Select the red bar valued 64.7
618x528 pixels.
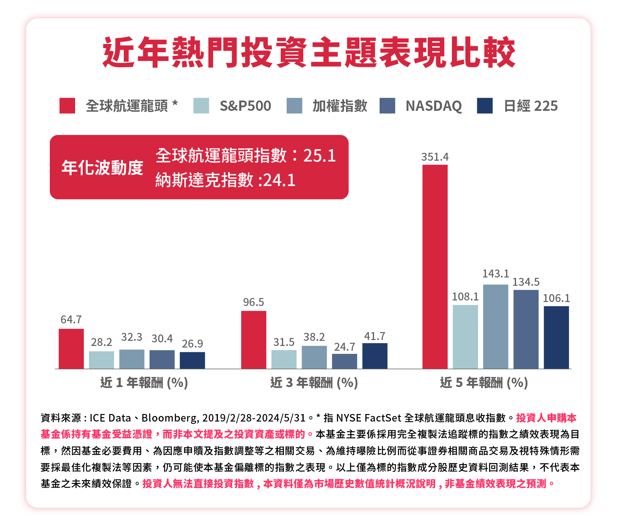click(71, 349)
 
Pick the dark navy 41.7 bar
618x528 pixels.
click(374, 356)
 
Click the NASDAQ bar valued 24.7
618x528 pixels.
click(344, 361)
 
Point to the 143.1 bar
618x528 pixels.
click(495, 327)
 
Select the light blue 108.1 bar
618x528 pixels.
click(465, 337)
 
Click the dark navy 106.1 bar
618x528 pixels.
click(556, 337)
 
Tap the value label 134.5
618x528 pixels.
click(526, 282)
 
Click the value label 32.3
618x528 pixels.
click(132, 337)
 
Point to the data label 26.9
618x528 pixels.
click(193, 344)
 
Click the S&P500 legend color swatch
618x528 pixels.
click(201, 106)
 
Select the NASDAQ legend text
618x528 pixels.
click(433, 106)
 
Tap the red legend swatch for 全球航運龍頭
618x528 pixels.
click(67, 106)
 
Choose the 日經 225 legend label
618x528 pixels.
click(530, 106)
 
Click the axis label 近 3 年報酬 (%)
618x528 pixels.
click(314, 382)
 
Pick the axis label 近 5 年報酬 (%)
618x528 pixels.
click(484, 382)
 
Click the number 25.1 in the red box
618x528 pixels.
click(319, 156)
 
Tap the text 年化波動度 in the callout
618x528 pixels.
click(102, 168)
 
